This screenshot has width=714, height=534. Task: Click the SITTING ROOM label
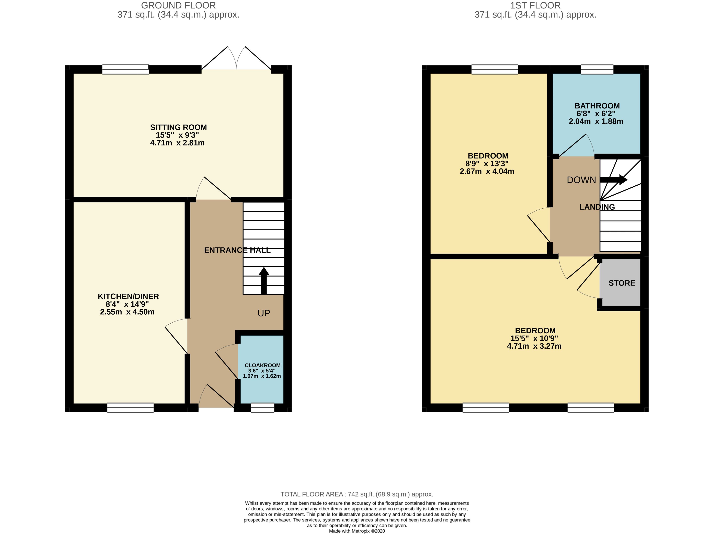(x=179, y=127)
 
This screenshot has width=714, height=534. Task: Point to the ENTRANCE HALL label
(x=237, y=250)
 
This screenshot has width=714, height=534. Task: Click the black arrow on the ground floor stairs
(x=264, y=281)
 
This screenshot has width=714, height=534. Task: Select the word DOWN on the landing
(x=581, y=180)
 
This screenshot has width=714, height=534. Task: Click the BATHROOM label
(x=597, y=106)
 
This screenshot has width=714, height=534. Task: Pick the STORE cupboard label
(x=622, y=283)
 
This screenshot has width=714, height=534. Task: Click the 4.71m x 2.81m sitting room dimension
(x=177, y=143)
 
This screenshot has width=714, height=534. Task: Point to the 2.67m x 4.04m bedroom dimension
(x=487, y=171)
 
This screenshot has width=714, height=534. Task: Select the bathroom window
(x=597, y=69)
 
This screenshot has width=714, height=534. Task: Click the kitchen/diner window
(x=131, y=407)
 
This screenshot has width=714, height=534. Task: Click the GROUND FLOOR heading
(x=179, y=5)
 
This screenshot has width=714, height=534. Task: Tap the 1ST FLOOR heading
(x=535, y=5)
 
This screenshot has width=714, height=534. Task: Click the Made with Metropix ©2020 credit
(x=357, y=531)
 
